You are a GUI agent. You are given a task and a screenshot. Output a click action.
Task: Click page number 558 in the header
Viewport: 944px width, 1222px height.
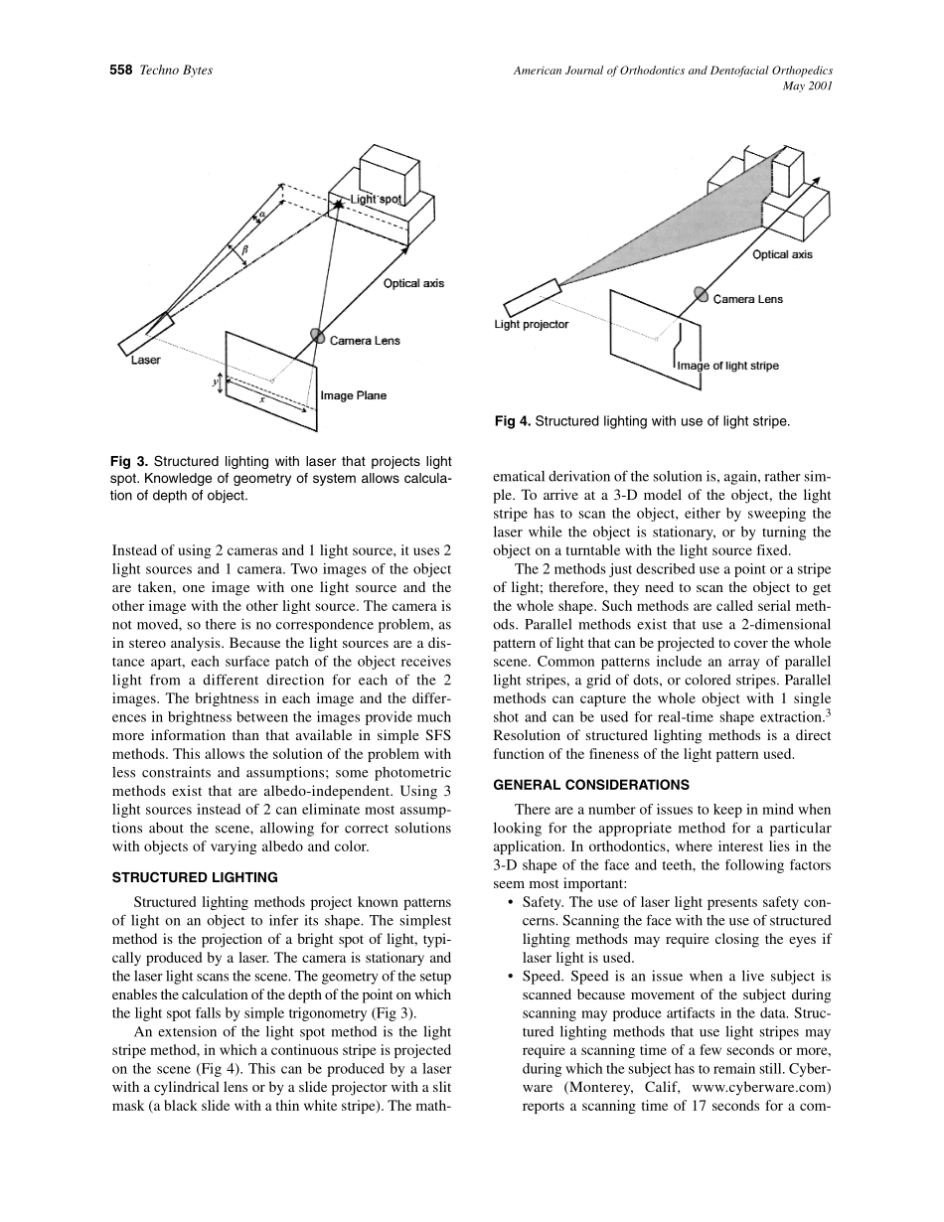[x=121, y=70]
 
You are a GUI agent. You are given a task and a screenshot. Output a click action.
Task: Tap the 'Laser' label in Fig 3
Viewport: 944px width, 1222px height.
[x=146, y=361]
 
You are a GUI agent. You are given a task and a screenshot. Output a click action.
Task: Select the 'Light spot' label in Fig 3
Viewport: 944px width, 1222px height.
[x=375, y=200]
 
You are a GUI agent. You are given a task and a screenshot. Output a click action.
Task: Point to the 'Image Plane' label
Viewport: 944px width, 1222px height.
[x=353, y=395]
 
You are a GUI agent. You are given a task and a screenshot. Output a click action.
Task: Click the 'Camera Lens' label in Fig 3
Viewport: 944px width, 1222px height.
[x=365, y=341]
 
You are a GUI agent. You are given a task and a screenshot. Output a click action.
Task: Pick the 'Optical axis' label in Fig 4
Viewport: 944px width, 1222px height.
[x=782, y=254]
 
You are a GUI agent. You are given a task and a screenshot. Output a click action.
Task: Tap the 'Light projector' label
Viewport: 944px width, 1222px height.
[x=532, y=325]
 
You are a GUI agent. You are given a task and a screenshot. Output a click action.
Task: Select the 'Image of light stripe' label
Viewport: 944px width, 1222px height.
[x=727, y=366]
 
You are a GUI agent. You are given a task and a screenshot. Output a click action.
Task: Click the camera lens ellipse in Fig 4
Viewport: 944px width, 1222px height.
[x=701, y=294]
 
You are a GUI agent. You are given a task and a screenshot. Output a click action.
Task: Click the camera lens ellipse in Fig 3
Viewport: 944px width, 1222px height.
[x=318, y=336]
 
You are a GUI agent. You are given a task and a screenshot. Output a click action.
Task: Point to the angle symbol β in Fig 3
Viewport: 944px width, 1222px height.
[x=244, y=250]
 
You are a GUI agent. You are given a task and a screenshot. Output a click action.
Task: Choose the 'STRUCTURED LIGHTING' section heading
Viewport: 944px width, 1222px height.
[x=195, y=877]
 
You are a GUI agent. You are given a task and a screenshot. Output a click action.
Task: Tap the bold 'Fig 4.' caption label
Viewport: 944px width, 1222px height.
[x=513, y=421]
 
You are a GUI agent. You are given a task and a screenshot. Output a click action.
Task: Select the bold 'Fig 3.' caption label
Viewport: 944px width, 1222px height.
[x=130, y=461]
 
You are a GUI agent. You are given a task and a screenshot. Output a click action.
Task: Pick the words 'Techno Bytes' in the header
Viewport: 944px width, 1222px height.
[x=177, y=70]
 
